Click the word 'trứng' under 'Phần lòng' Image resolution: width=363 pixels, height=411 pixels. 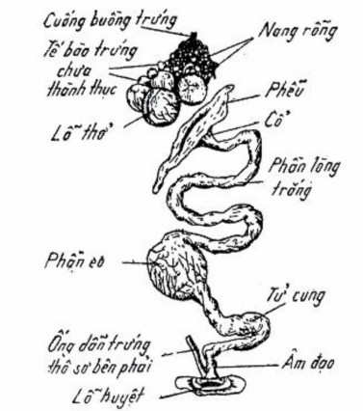pos(285,189)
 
